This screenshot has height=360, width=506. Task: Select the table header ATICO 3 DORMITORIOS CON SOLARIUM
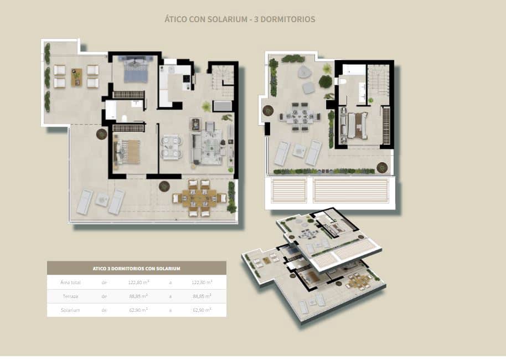point(136,268)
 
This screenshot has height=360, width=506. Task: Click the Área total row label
point(71,282)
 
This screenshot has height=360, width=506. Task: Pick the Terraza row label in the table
point(70,296)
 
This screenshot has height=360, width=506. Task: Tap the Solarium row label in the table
point(70,310)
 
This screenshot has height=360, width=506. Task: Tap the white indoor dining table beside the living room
point(171,147)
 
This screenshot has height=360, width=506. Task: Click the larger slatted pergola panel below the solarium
point(351,191)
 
